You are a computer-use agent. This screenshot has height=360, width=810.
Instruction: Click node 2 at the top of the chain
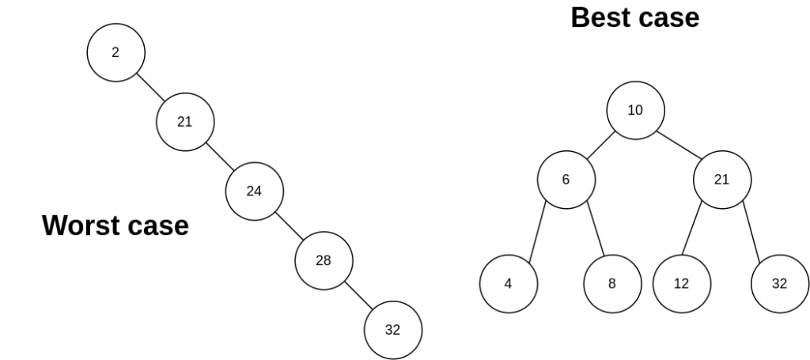(x=115, y=53)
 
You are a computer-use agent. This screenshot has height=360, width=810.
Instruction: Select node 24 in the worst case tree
(x=254, y=191)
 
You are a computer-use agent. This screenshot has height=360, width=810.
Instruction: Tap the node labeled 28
(x=324, y=260)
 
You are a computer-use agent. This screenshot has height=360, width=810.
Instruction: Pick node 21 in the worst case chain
(x=185, y=122)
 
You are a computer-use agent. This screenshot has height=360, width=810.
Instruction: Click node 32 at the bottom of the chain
(x=393, y=330)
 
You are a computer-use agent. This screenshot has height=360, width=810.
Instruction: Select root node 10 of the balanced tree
(x=635, y=110)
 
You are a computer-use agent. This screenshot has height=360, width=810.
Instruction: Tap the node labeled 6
(x=566, y=179)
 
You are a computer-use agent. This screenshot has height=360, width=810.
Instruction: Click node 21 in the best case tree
(x=722, y=179)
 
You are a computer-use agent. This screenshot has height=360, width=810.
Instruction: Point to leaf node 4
(x=509, y=283)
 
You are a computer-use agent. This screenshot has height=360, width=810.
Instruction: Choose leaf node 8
(x=612, y=283)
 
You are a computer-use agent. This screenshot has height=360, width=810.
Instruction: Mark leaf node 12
(x=682, y=283)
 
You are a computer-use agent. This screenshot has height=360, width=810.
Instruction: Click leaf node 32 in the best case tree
(x=780, y=283)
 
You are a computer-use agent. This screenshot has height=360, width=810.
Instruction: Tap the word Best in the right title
(x=600, y=17)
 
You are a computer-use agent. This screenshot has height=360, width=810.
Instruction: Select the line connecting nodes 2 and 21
(x=150, y=87)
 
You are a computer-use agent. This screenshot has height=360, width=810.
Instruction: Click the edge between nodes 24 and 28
(x=289, y=225)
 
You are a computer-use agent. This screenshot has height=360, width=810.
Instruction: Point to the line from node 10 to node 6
(x=600, y=145)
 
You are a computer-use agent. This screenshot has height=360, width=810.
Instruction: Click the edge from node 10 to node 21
(x=679, y=145)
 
